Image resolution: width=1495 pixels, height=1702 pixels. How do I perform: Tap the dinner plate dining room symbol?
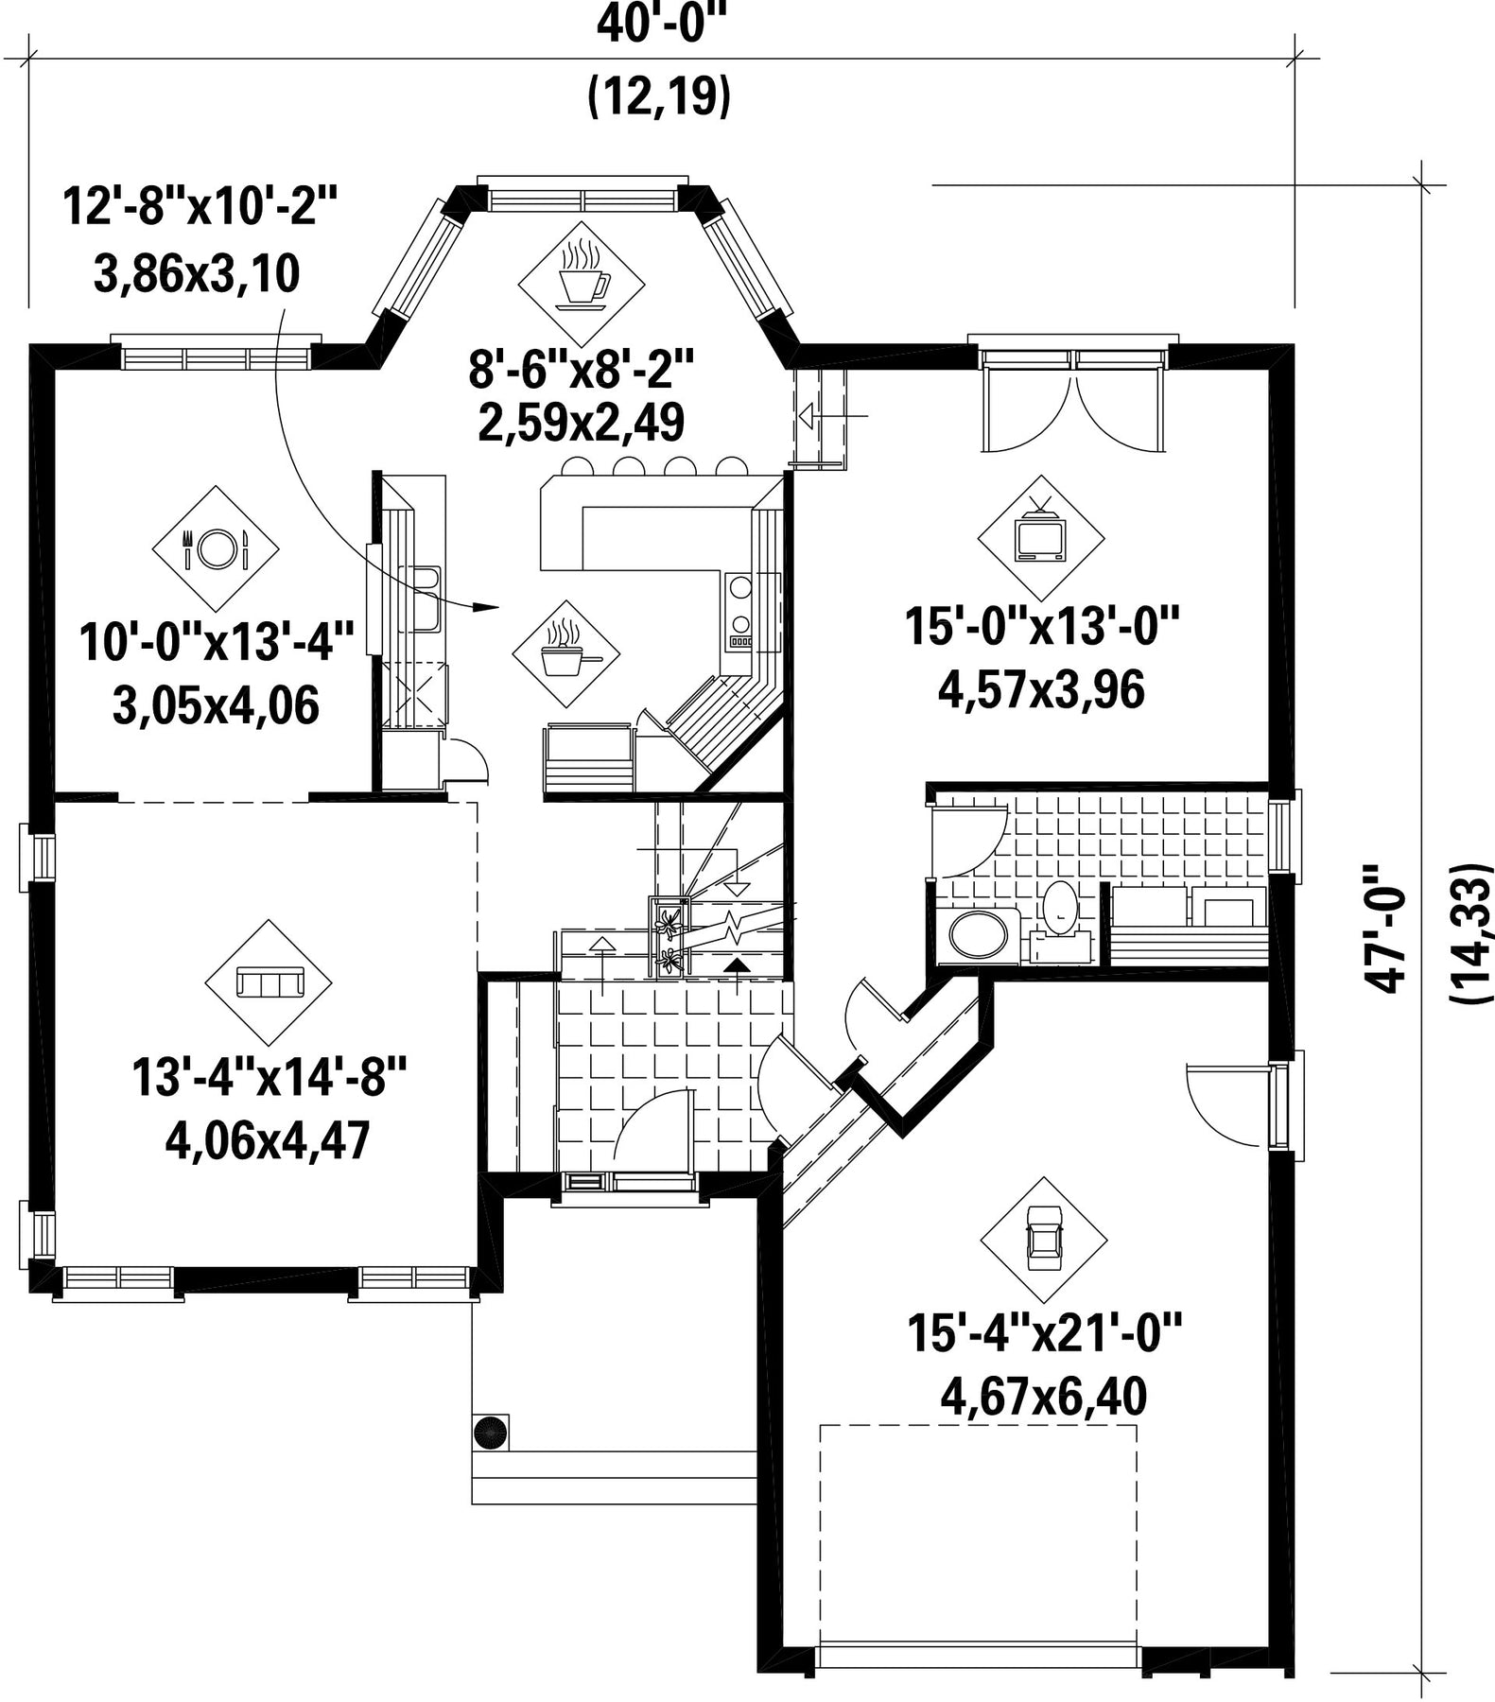click(216, 548)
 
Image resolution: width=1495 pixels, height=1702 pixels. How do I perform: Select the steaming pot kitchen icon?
click(565, 653)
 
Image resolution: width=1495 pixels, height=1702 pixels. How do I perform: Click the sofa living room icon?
click(269, 982)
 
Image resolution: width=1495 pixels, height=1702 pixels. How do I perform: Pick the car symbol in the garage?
click(1043, 1240)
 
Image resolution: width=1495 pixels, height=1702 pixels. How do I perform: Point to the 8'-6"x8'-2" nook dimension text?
click(582, 370)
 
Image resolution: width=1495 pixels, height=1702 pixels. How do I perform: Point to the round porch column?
click(491, 1433)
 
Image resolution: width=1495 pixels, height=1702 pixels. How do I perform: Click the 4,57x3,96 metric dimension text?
click(1041, 690)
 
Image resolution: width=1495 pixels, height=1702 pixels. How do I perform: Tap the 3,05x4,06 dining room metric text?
click(216, 706)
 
